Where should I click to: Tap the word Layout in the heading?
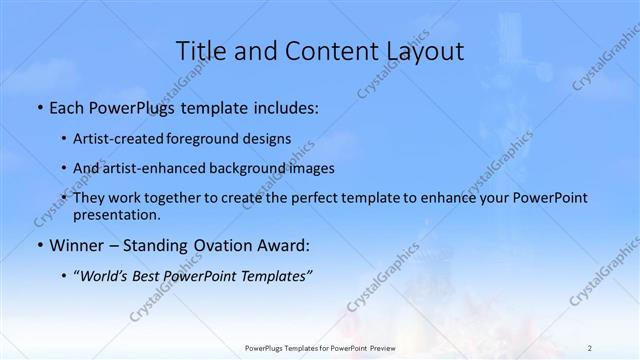tap(423, 50)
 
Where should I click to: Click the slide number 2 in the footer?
tap(590, 347)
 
